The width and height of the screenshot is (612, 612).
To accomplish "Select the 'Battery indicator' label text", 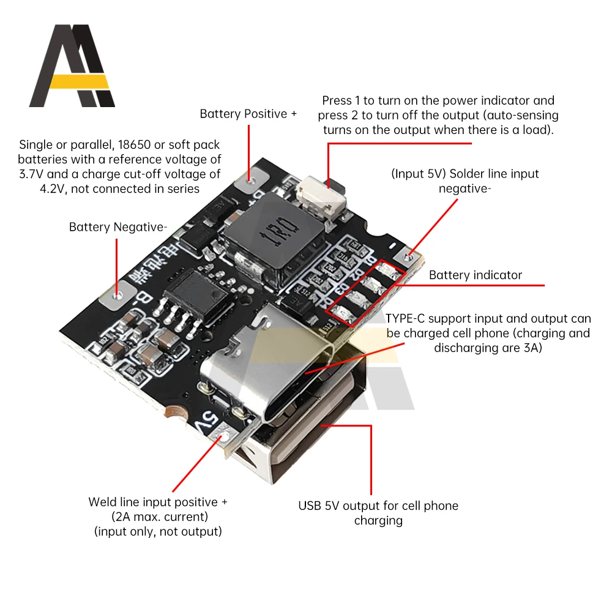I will tap(476, 275).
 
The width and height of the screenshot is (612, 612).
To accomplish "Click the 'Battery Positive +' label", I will tap(248, 114).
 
